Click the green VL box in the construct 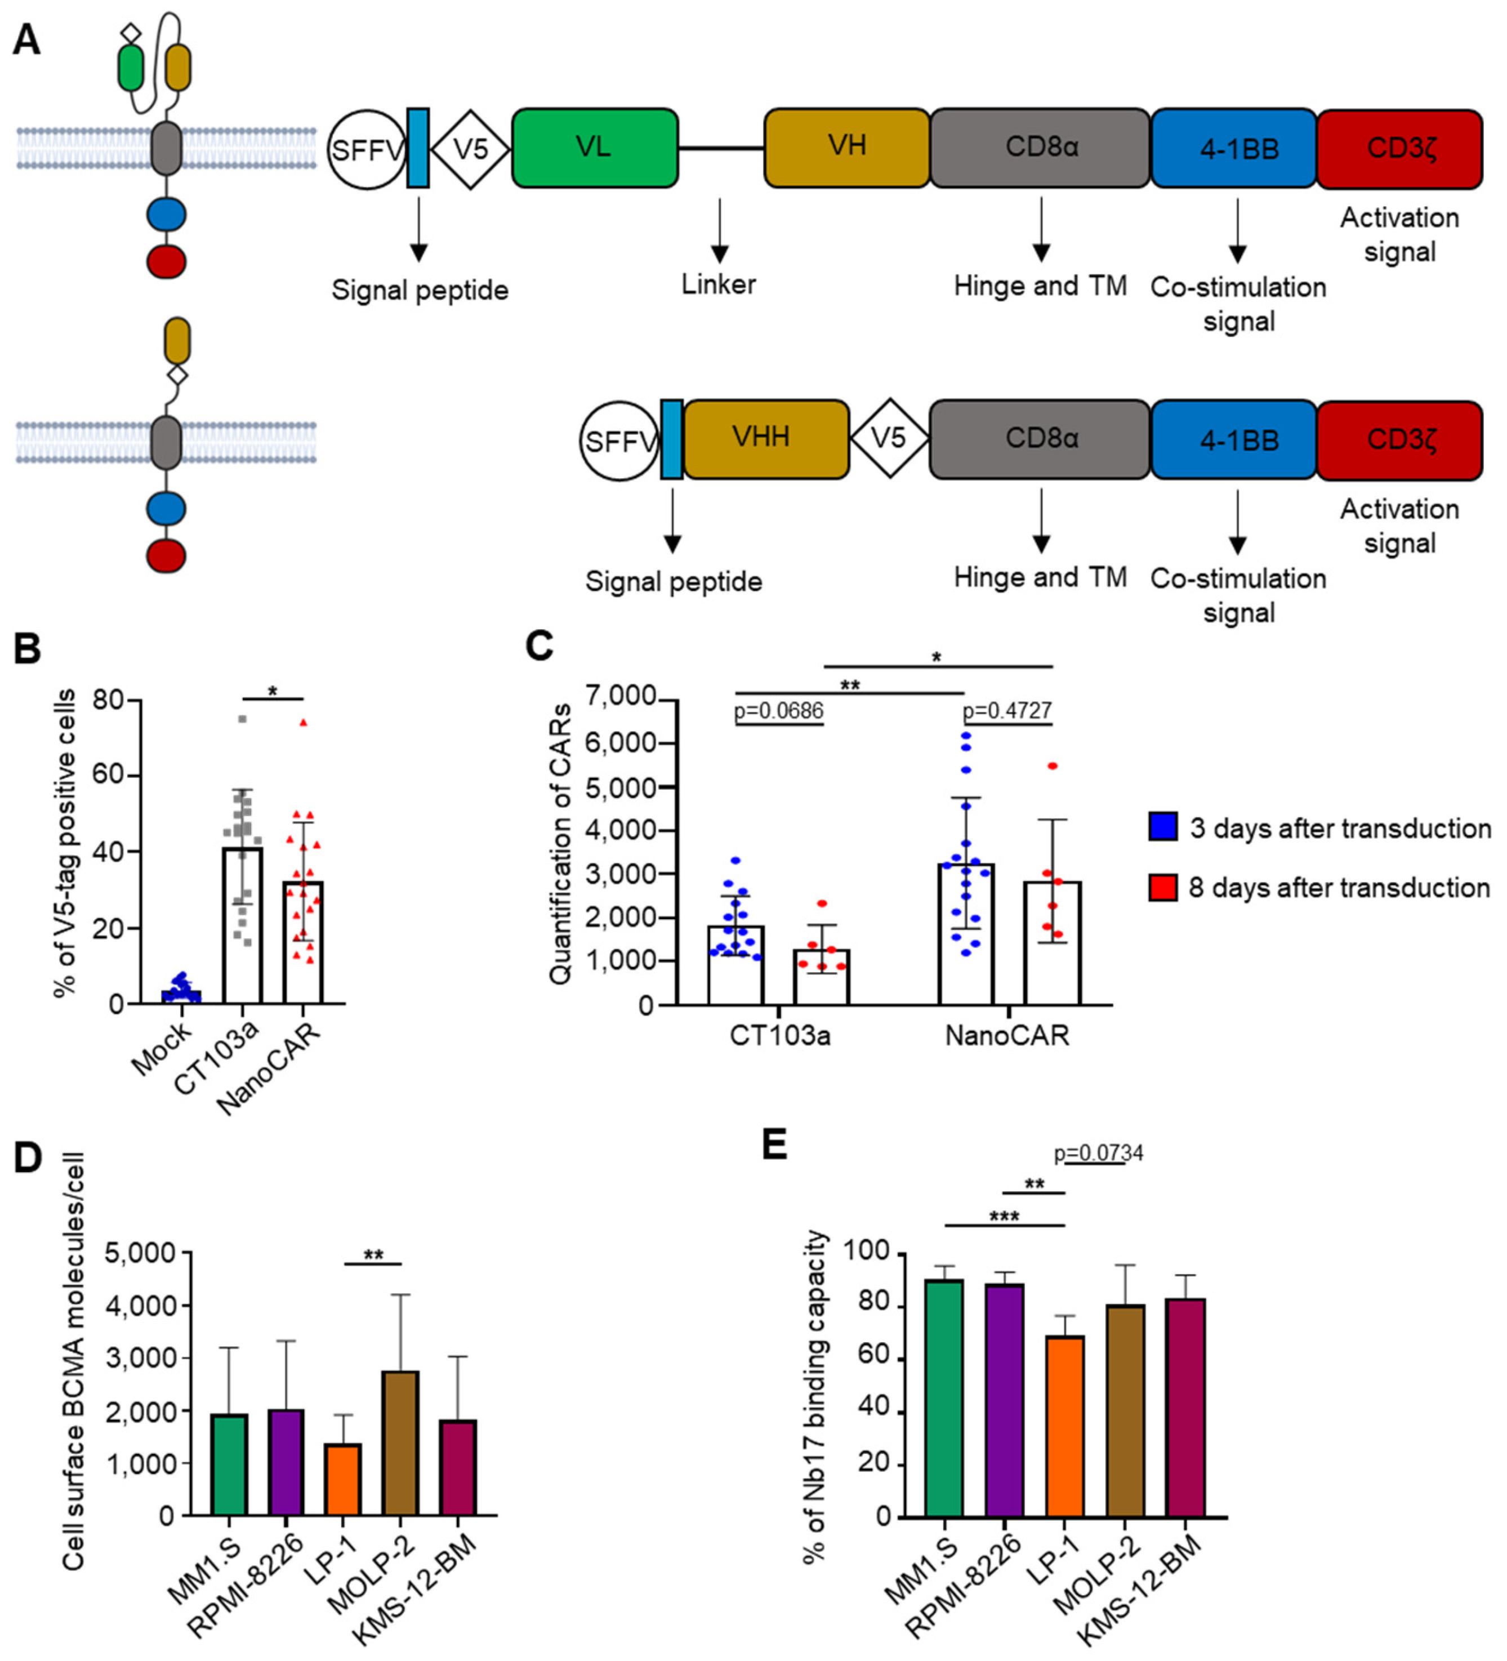coord(594,148)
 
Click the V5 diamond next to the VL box coord(470,149)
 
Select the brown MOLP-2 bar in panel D coord(400,1444)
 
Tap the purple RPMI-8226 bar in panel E coord(1005,1401)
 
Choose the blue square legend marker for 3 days coord(1162,826)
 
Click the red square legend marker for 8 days coord(1162,887)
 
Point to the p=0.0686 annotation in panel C coord(779,711)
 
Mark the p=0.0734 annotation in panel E coord(1098,1152)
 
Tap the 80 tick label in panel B coord(109,700)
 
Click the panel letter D coord(27,1157)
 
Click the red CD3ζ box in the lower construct coord(1399,440)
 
